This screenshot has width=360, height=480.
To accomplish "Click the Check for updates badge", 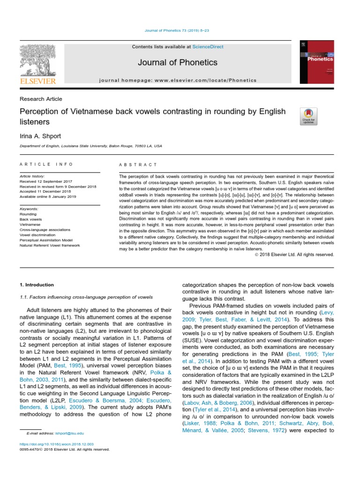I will (308, 116).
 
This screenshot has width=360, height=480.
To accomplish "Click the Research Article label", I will (41, 99).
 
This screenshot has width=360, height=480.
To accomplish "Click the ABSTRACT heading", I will (139, 165).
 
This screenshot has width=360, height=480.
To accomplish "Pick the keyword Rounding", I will (29, 214).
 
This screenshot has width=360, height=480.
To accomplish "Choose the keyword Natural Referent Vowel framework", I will (50, 245).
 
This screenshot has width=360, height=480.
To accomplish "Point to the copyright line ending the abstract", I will (294, 255).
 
